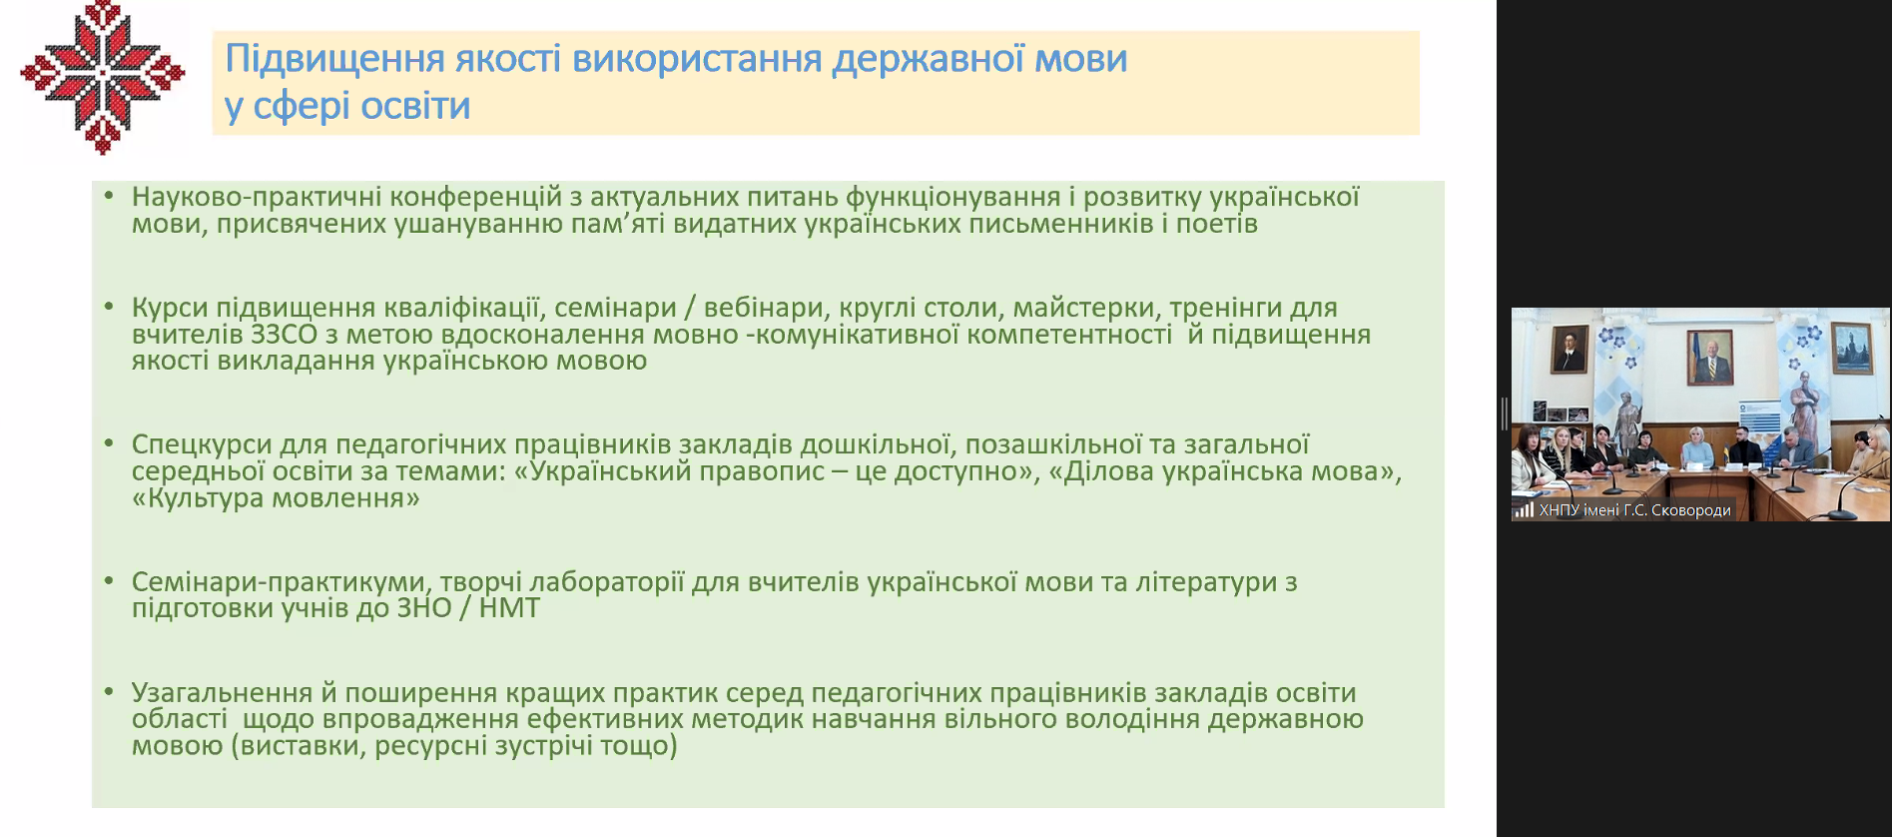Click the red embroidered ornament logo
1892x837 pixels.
(x=103, y=77)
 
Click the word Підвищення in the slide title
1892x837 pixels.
(x=334, y=60)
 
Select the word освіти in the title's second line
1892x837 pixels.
(x=415, y=106)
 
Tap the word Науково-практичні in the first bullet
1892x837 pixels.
(x=257, y=198)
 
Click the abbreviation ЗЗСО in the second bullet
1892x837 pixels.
(x=284, y=335)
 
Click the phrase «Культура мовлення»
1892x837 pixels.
(x=276, y=497)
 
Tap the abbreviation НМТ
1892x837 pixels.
(x=509, y=608)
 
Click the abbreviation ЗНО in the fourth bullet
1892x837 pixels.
(x=424, y=608)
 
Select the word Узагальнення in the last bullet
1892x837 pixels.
(x=222, y=693)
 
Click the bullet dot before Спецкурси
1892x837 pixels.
(x=109, y=442)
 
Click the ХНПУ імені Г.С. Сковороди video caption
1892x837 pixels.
(x=1634, y=510)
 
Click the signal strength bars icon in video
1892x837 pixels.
(x=1524, y=510)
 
